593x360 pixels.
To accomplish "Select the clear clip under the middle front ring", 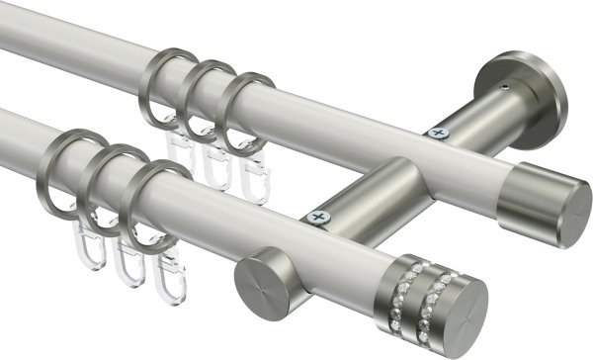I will coord(125,259).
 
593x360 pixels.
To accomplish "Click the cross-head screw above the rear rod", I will coord(433,132).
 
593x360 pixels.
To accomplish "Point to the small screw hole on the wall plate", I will coord(506,88).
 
